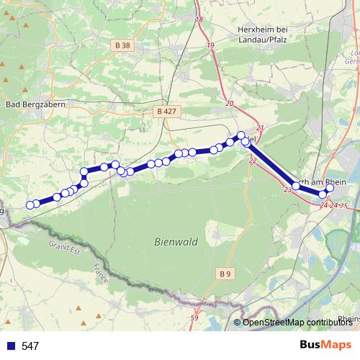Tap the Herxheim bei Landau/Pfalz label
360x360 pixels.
coord(262,33)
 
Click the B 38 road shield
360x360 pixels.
coord(123,45)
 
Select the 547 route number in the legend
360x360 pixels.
coord(30,346)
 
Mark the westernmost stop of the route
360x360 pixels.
coord(30,205)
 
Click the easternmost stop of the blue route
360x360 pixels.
coord(330,189)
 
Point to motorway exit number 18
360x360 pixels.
coord(199,19)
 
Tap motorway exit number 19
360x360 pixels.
coord(211,45)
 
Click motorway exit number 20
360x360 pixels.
coord(230,104)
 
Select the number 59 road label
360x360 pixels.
coord(194,318)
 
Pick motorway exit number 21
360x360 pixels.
coord(260,128)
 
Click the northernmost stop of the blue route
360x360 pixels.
coord(241,135)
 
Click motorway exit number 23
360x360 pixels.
coord(288,190)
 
